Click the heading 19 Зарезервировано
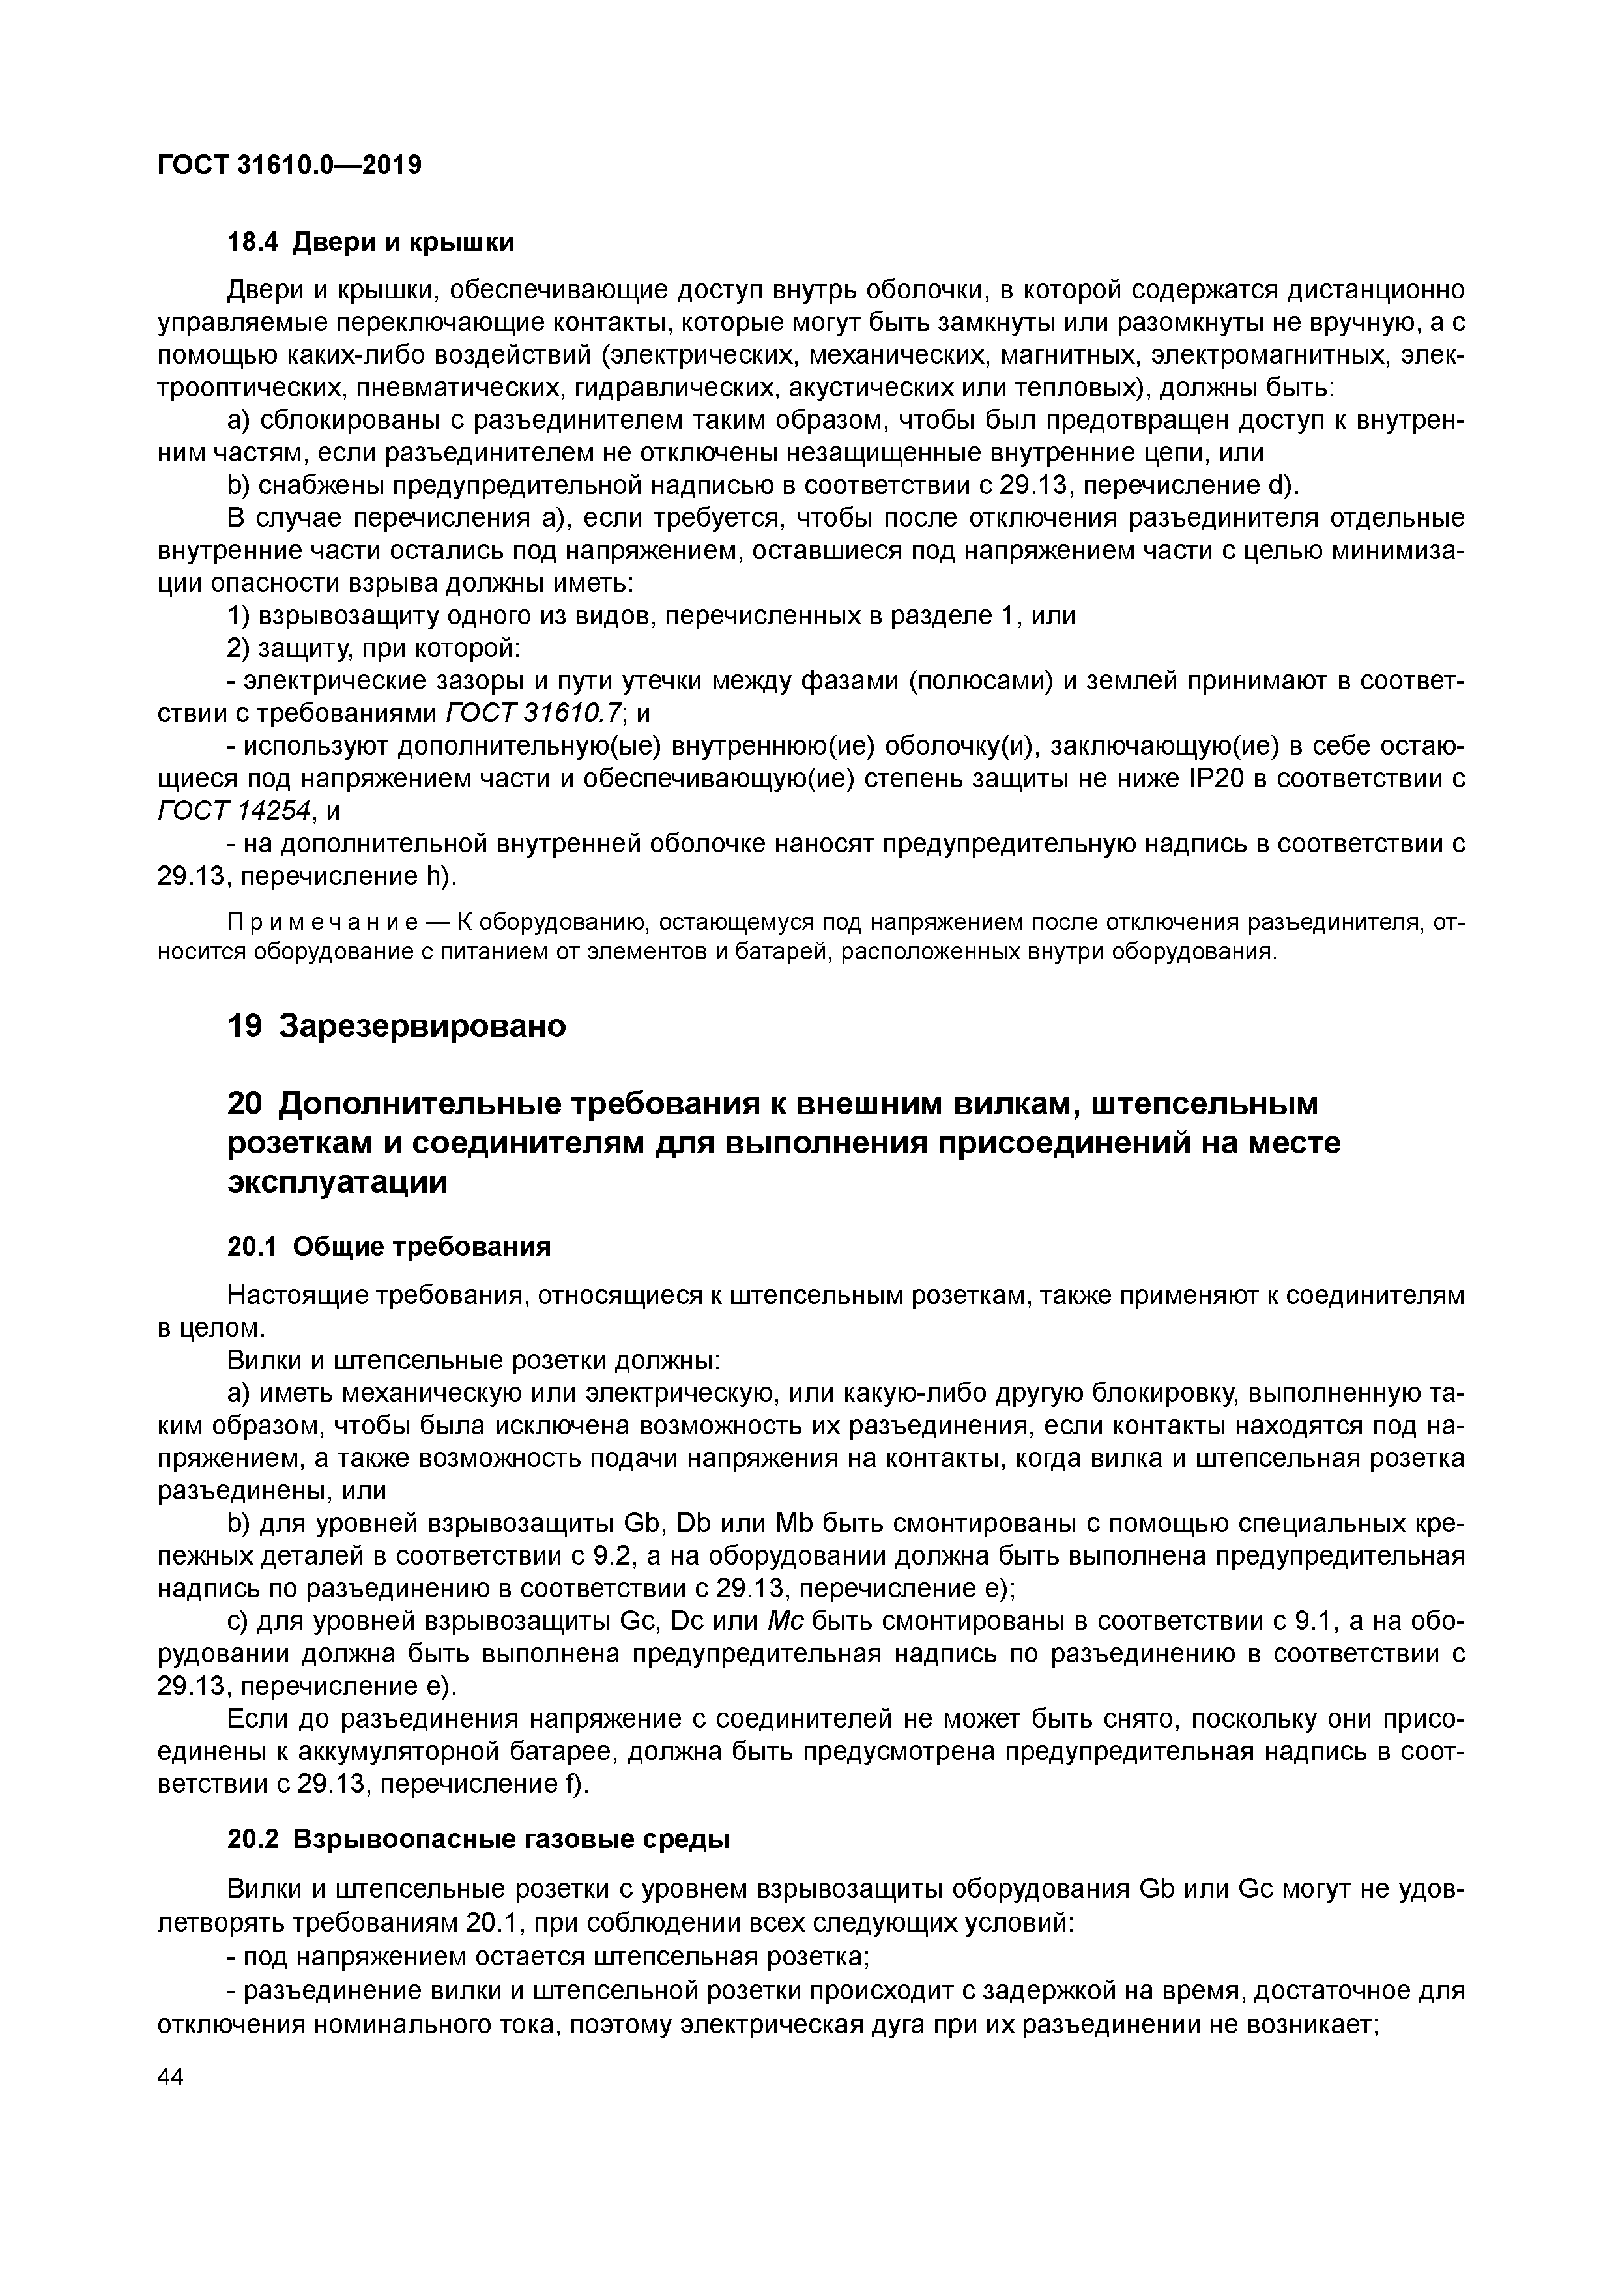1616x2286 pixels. tap(396, 1026)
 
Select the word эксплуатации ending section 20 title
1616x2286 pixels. tap(338, 1183)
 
